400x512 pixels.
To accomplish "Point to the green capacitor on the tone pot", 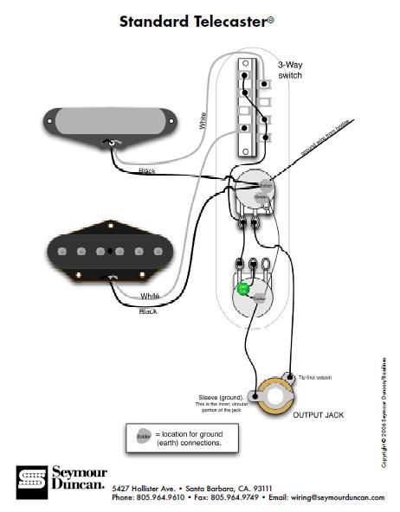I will pos(244,288).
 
